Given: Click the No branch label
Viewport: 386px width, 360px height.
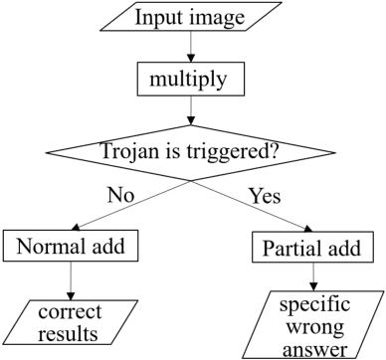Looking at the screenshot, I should [119, 196].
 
